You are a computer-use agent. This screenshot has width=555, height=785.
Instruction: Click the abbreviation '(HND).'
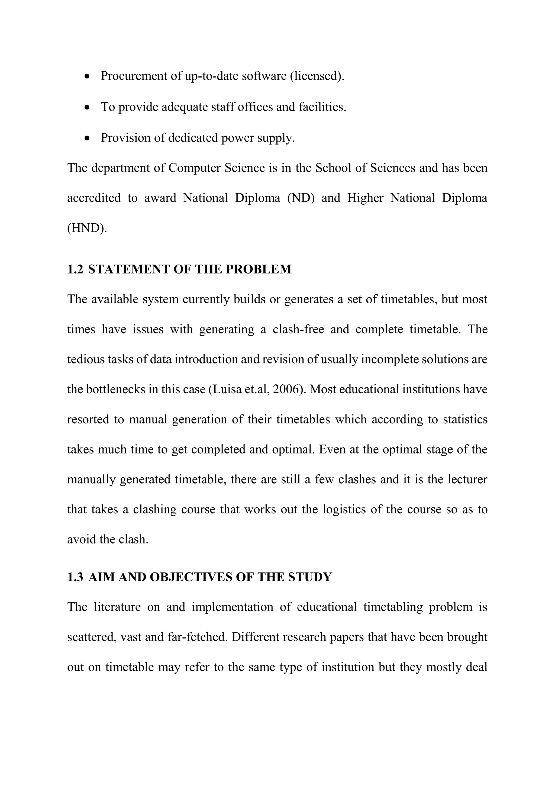tap(87, 228)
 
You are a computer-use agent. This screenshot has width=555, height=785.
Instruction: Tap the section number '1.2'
tap(75, 269)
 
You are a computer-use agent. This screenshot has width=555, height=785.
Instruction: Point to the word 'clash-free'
tap(298, 329)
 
